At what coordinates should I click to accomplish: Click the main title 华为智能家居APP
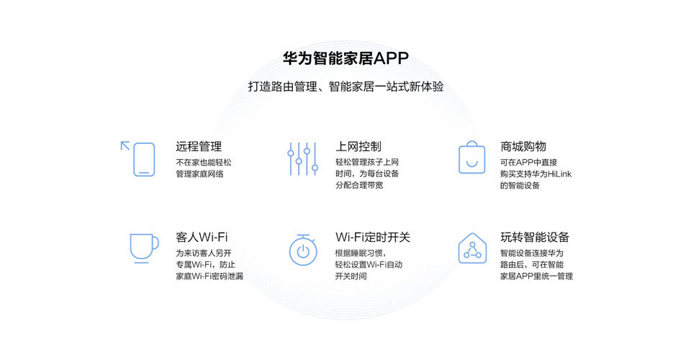click(346, 58)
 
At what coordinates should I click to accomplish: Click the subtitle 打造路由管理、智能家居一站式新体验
click(346, 86)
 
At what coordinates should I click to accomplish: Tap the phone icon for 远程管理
click(144, 159)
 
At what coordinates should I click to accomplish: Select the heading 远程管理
click(199, 146)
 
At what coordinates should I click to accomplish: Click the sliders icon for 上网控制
click(303, 158)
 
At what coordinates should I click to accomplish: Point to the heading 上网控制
click(358, 146)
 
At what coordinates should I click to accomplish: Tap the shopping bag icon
click(472, 157)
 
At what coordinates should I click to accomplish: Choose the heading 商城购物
click(523, 146)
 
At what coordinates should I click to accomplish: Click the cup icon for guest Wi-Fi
click(144, 248)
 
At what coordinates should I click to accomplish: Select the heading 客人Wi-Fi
click(202, 237)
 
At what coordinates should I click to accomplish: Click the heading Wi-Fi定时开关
click(373, 237)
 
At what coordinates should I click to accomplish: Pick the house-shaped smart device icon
click(472, 248)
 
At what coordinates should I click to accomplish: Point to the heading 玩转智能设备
click(535, 237)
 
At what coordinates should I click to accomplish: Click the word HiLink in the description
click(559, 174)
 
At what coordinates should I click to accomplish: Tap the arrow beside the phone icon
click(125, 146)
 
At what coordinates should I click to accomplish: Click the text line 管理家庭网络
click(199, 174)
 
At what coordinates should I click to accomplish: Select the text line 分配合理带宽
click(359, 185)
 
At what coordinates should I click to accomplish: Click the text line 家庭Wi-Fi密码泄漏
click(209, 276)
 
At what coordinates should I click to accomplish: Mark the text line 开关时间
click(351, 276)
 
